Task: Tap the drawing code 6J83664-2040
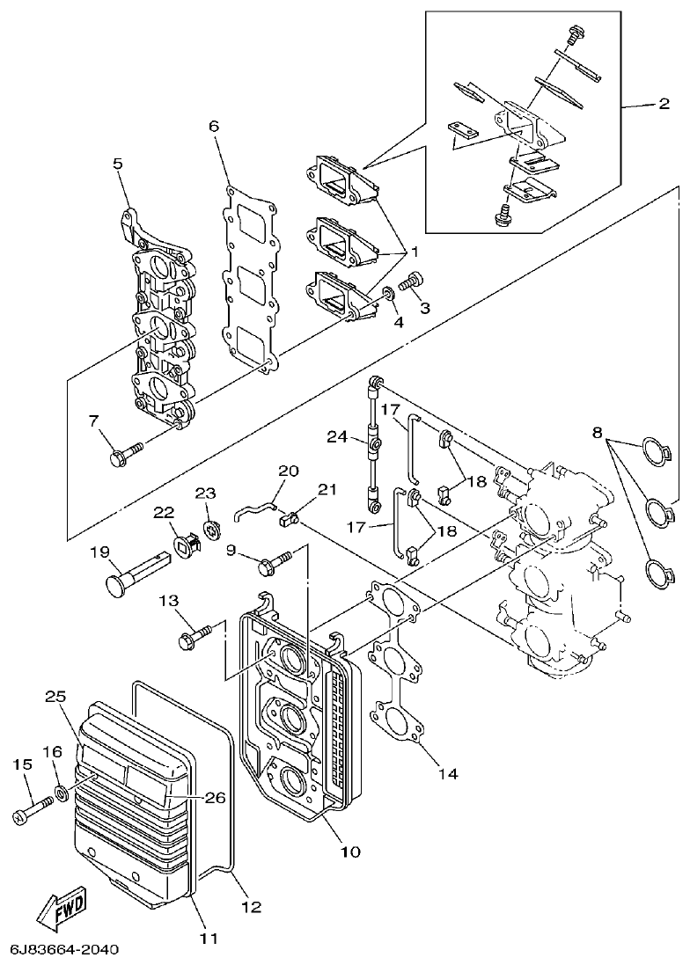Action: (x=63, y=951)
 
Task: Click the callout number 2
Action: (x=664, y=103)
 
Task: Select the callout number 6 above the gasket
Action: (x=213, y=126)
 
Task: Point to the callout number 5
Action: (x=117, y=164)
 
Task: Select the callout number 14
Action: (x=448, y=774)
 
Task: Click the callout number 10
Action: (x=350, y=852)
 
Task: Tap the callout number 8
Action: (x=597, y=433)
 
